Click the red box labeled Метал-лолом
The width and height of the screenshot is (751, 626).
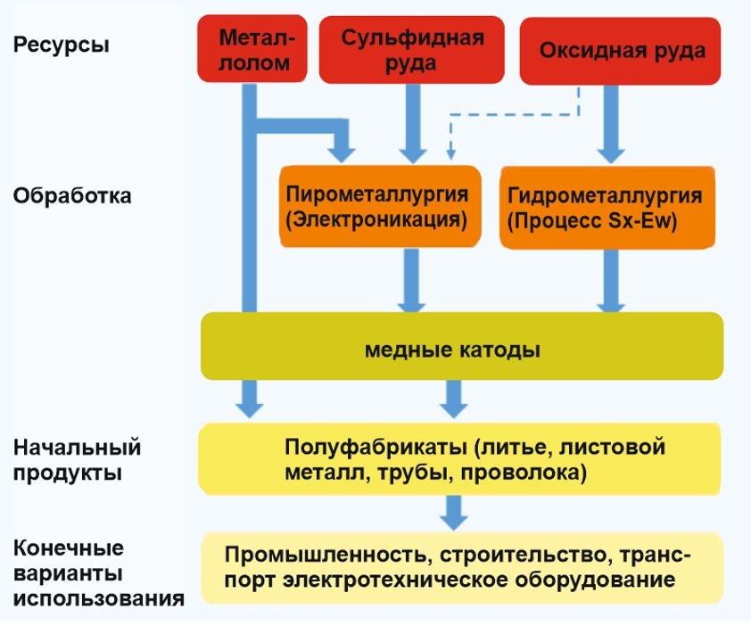coord(255,50)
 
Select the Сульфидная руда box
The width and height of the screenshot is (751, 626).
coord(413,50)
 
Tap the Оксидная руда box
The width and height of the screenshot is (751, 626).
coord(621,52)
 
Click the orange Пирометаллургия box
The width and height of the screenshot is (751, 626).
coord(379,206)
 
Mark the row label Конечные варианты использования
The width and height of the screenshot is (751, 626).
coord(98,572)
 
